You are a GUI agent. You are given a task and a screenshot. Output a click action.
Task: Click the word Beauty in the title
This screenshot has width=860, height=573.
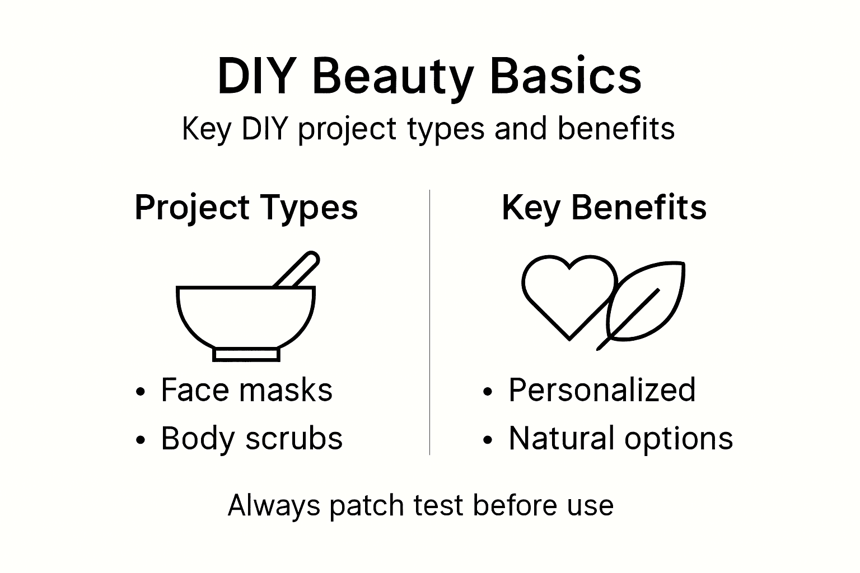pyautogui.click(x=392, y=77)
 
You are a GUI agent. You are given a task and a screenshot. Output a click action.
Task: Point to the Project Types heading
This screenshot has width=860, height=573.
pyautogui.click(x=246, y=208)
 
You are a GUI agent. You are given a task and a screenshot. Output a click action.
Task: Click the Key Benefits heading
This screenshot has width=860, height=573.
pyautogui.click(x=604, y=208)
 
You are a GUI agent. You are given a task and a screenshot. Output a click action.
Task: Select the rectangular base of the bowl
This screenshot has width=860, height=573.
pyautogui.click(x=246, y=354)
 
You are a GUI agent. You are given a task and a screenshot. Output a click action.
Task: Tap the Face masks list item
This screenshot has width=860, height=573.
pyautogui.click(x=246, y=390)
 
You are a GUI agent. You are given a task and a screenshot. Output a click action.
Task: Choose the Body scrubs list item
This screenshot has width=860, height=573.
pyautogui.click(x=251, y=438)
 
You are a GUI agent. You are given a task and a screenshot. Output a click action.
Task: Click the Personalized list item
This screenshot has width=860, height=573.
pyautogui.click(x=601, y=390)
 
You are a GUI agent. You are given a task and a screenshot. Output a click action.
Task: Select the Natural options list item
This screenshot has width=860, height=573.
pyautogui.click(x=620, y=438)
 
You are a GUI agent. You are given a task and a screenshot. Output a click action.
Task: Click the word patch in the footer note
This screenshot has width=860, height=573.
pyautogui.click(x=367, y=506)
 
